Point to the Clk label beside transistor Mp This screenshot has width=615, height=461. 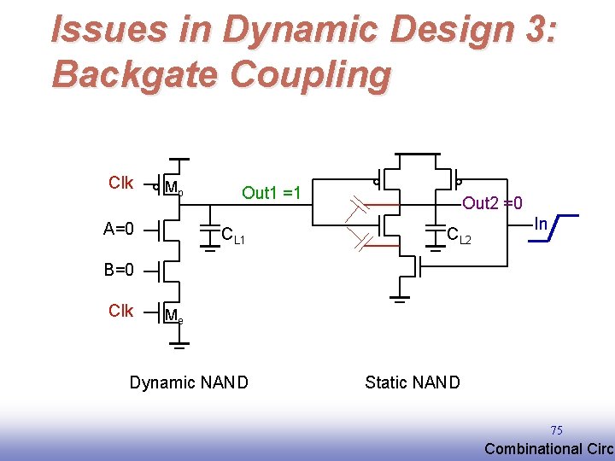(120, 183)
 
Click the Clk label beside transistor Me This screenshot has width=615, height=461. (120, 311)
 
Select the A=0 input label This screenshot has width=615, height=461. (119, 228)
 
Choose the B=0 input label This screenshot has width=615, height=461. (119, 270)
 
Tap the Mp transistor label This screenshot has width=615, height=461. (173, 188)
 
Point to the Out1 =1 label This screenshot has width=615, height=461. (272, 192)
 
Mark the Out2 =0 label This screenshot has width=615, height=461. (492, 202)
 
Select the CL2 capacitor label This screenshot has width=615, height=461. (460, 235)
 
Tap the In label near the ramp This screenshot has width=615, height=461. (540, 224)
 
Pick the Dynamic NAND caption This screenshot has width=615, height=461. (189, 382)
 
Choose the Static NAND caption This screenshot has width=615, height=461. (412, 382)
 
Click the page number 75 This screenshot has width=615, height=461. (556, 430)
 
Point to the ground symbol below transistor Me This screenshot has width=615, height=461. (179, 346)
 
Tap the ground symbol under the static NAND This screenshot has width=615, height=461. (399, 299)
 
